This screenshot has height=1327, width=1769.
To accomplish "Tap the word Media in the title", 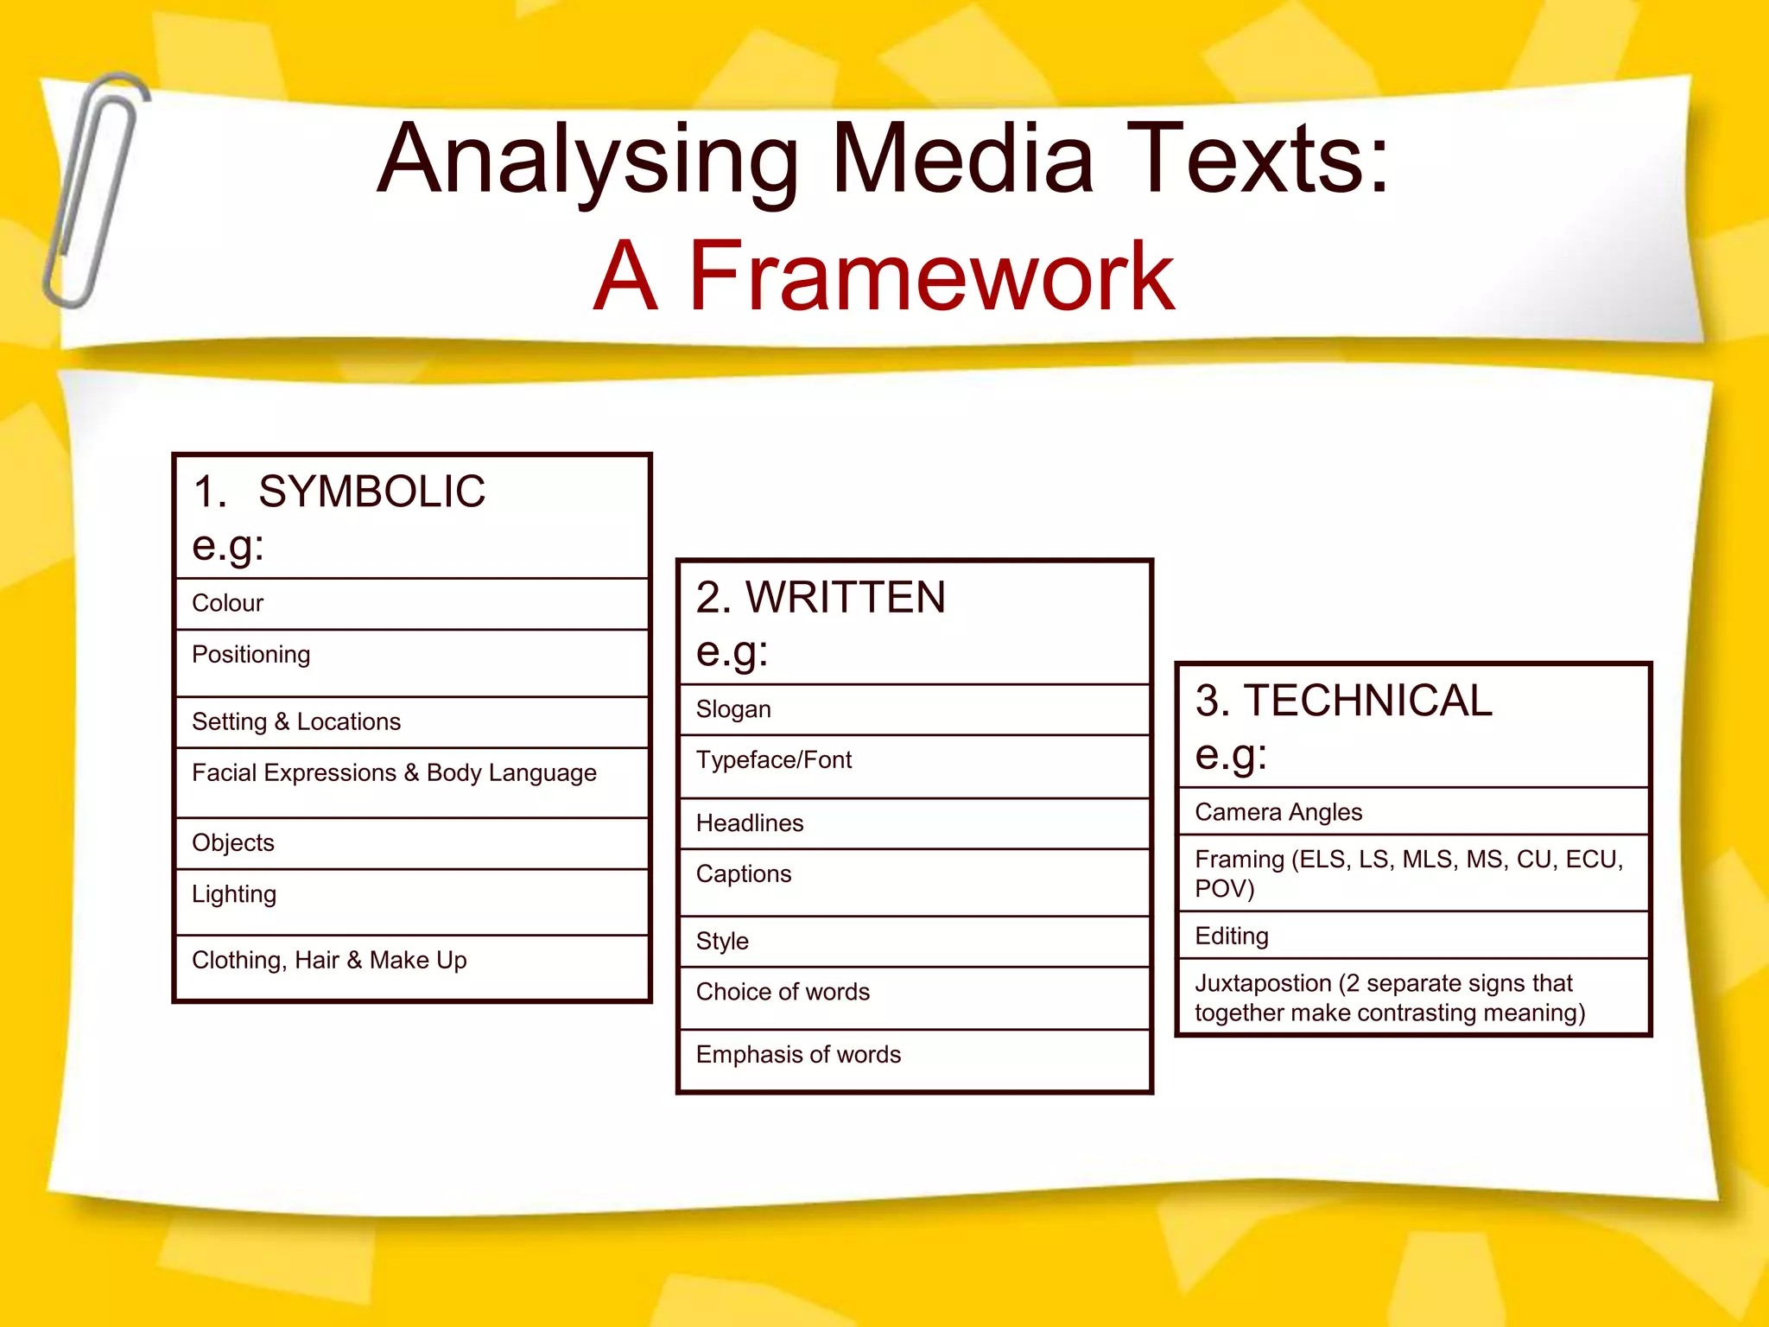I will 963,160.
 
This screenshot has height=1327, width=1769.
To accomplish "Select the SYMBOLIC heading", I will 371,492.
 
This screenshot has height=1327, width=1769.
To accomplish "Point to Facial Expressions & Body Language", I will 394,772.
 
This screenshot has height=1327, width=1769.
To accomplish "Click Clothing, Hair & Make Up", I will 329,960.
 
